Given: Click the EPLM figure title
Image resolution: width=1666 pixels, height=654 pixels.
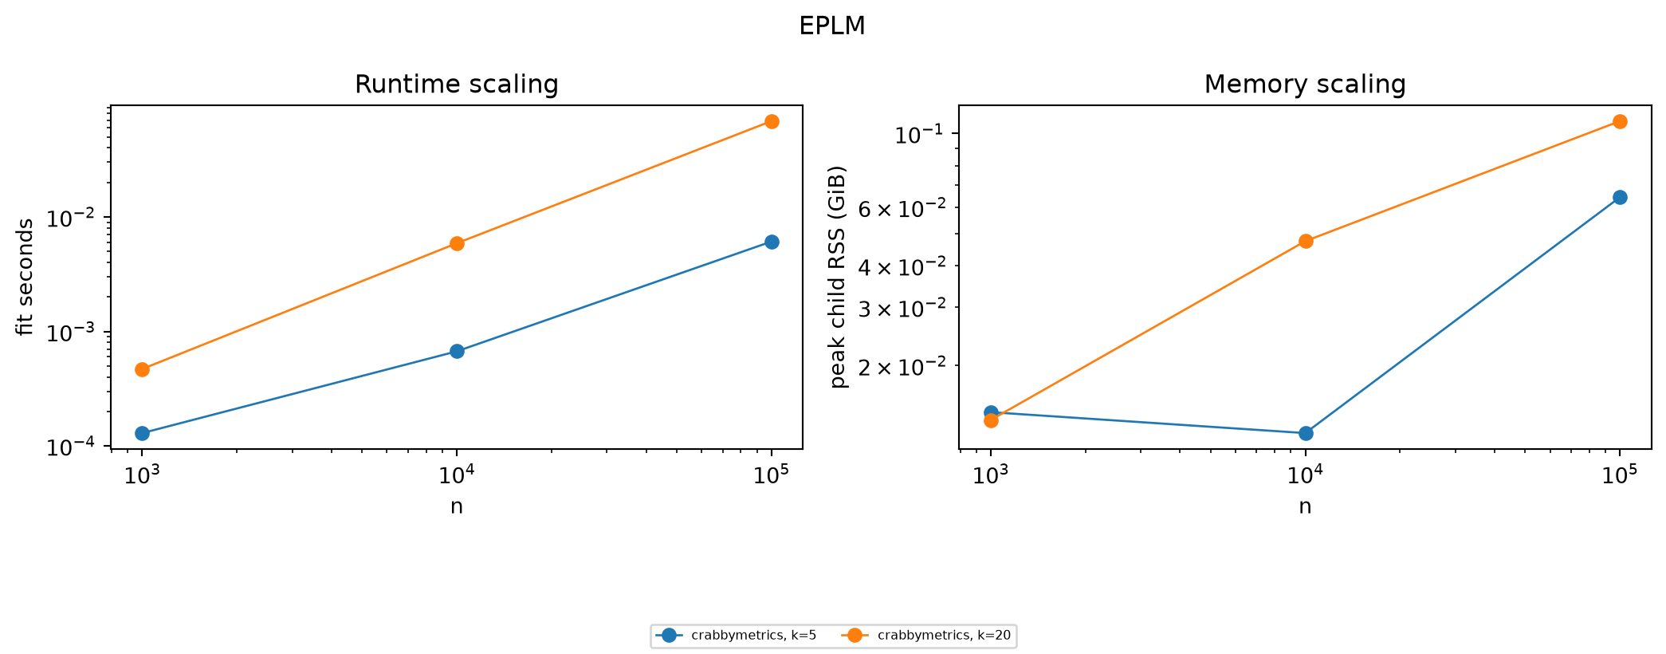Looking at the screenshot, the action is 832,26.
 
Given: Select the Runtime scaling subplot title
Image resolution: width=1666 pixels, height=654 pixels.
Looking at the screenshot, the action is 456,85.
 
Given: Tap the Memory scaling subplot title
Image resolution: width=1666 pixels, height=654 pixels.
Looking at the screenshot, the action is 1305,85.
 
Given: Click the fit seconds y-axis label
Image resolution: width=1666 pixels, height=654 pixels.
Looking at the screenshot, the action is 26,277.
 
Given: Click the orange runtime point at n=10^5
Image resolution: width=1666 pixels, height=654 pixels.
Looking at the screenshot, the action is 772,121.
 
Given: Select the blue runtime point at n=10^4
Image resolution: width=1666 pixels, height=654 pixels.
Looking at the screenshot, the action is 457,351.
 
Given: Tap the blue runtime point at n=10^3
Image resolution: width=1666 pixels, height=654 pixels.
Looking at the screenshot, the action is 143,433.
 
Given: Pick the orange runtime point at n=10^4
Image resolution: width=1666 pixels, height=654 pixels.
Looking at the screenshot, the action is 457,243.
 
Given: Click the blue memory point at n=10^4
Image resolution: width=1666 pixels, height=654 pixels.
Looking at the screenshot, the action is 1306,433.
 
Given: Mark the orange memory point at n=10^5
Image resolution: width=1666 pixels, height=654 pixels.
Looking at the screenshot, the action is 1620,121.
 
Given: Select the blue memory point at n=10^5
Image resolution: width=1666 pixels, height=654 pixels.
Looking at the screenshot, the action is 1620,197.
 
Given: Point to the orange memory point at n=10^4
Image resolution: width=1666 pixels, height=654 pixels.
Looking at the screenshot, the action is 1306,241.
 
